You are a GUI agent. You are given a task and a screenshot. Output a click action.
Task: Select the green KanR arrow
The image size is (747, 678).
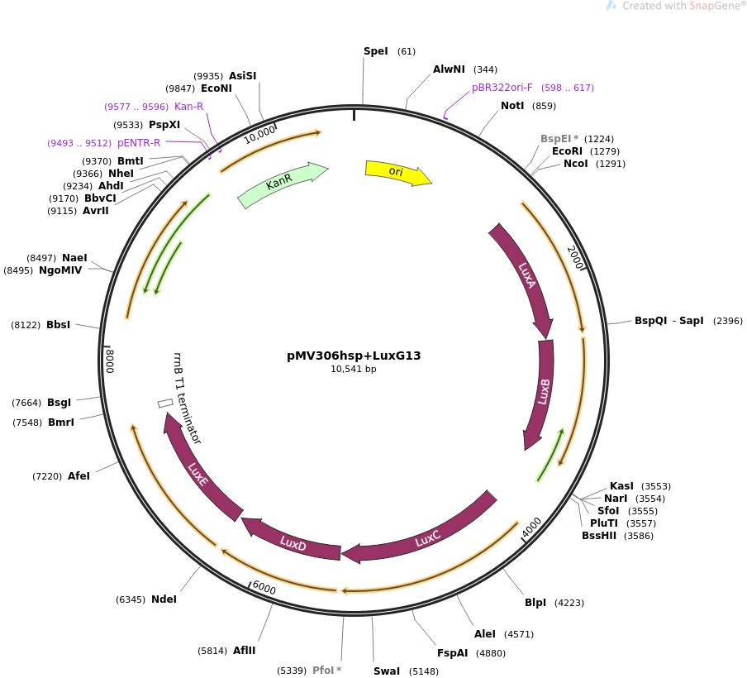281,184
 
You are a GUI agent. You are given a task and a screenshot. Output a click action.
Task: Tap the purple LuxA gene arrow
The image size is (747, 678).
524,277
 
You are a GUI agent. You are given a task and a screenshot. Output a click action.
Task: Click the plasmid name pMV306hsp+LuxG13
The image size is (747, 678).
354,356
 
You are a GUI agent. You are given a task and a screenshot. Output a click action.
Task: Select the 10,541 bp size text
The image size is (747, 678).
354,369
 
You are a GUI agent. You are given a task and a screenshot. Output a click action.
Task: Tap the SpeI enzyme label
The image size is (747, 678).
375,51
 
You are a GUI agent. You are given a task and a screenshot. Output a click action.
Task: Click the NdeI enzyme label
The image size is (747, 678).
164,599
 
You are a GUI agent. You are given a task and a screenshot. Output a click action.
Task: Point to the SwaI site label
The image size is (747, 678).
387,671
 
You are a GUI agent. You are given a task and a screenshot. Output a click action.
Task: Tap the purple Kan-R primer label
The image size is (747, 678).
188,107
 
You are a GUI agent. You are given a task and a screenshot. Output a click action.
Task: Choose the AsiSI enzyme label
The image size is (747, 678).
242,76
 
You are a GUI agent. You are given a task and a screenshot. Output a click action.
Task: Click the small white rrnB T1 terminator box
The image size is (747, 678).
165,403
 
